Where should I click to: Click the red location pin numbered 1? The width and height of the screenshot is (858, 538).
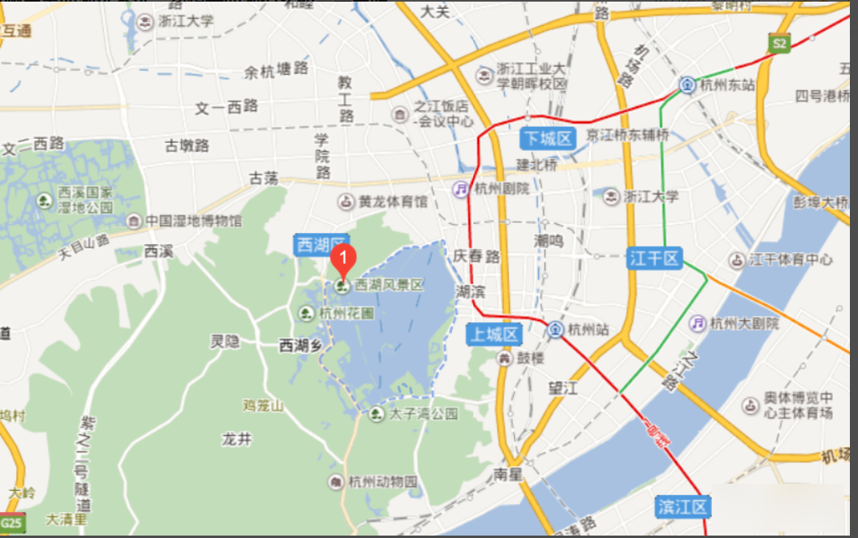(343, 259)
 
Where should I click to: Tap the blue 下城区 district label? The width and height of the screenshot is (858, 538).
(548, 138)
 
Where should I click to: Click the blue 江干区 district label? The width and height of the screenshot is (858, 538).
(653, 259)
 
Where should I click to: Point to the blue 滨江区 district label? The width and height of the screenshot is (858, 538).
(683, 507)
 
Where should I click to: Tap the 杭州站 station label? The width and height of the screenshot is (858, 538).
(588, 329)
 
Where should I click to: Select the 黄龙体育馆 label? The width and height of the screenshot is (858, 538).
(393, 201)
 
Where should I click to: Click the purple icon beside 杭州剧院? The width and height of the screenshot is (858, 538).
(461, 188)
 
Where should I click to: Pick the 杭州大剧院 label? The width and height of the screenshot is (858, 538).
(744, 323)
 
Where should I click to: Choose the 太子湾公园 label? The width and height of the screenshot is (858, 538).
(423, 414)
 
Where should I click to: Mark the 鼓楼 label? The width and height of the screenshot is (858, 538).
(532, 357)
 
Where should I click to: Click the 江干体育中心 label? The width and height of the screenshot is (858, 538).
(791, 260)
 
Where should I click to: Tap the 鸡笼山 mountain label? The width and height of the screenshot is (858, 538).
(264, 404)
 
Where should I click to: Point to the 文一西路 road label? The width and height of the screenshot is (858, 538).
(226, 107)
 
